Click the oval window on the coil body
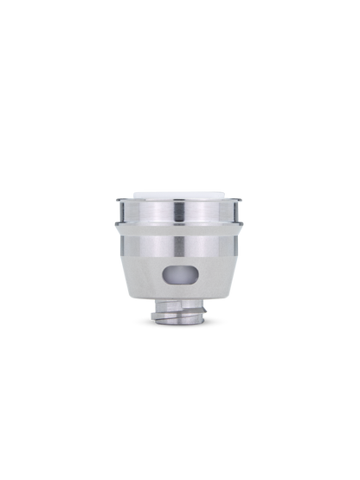coord(180,276)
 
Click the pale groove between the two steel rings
coord(180,226)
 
